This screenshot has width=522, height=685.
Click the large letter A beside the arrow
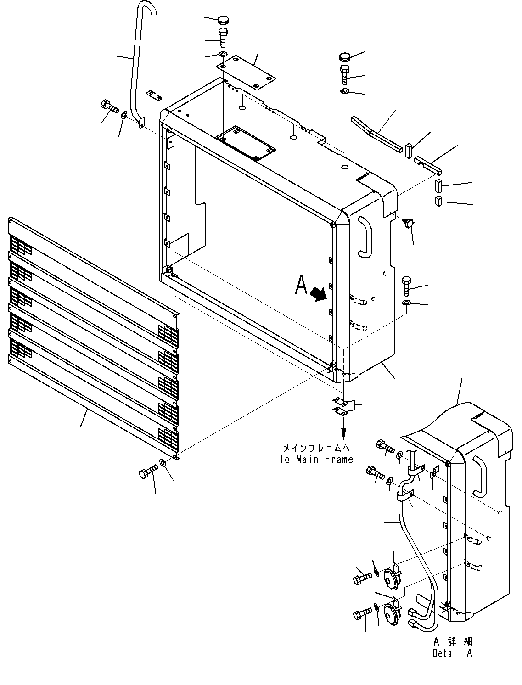[301, 286]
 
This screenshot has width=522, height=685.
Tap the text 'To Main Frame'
[316, 459]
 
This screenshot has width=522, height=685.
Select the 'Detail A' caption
[452, 653]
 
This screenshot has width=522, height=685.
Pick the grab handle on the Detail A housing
[479, 476]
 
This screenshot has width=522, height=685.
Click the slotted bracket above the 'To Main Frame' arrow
[342, 404]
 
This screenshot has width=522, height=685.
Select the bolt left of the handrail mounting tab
[108, 107]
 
